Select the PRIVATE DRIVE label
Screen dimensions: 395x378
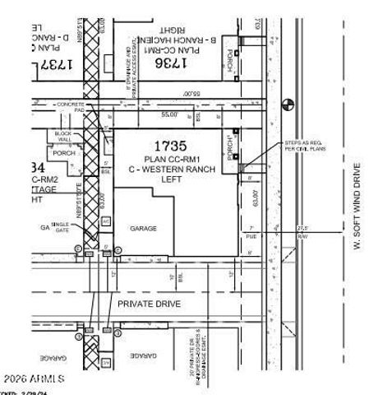point(149,304)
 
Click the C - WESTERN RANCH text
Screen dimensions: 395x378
point(173,169)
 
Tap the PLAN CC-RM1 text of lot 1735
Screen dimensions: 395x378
point(173,159)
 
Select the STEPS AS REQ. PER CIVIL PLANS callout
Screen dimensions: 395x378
point(305,146)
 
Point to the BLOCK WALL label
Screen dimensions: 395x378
point(62,136)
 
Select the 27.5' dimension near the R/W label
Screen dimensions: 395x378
point(302,228)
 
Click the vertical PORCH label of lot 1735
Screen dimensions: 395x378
point(233,148)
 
